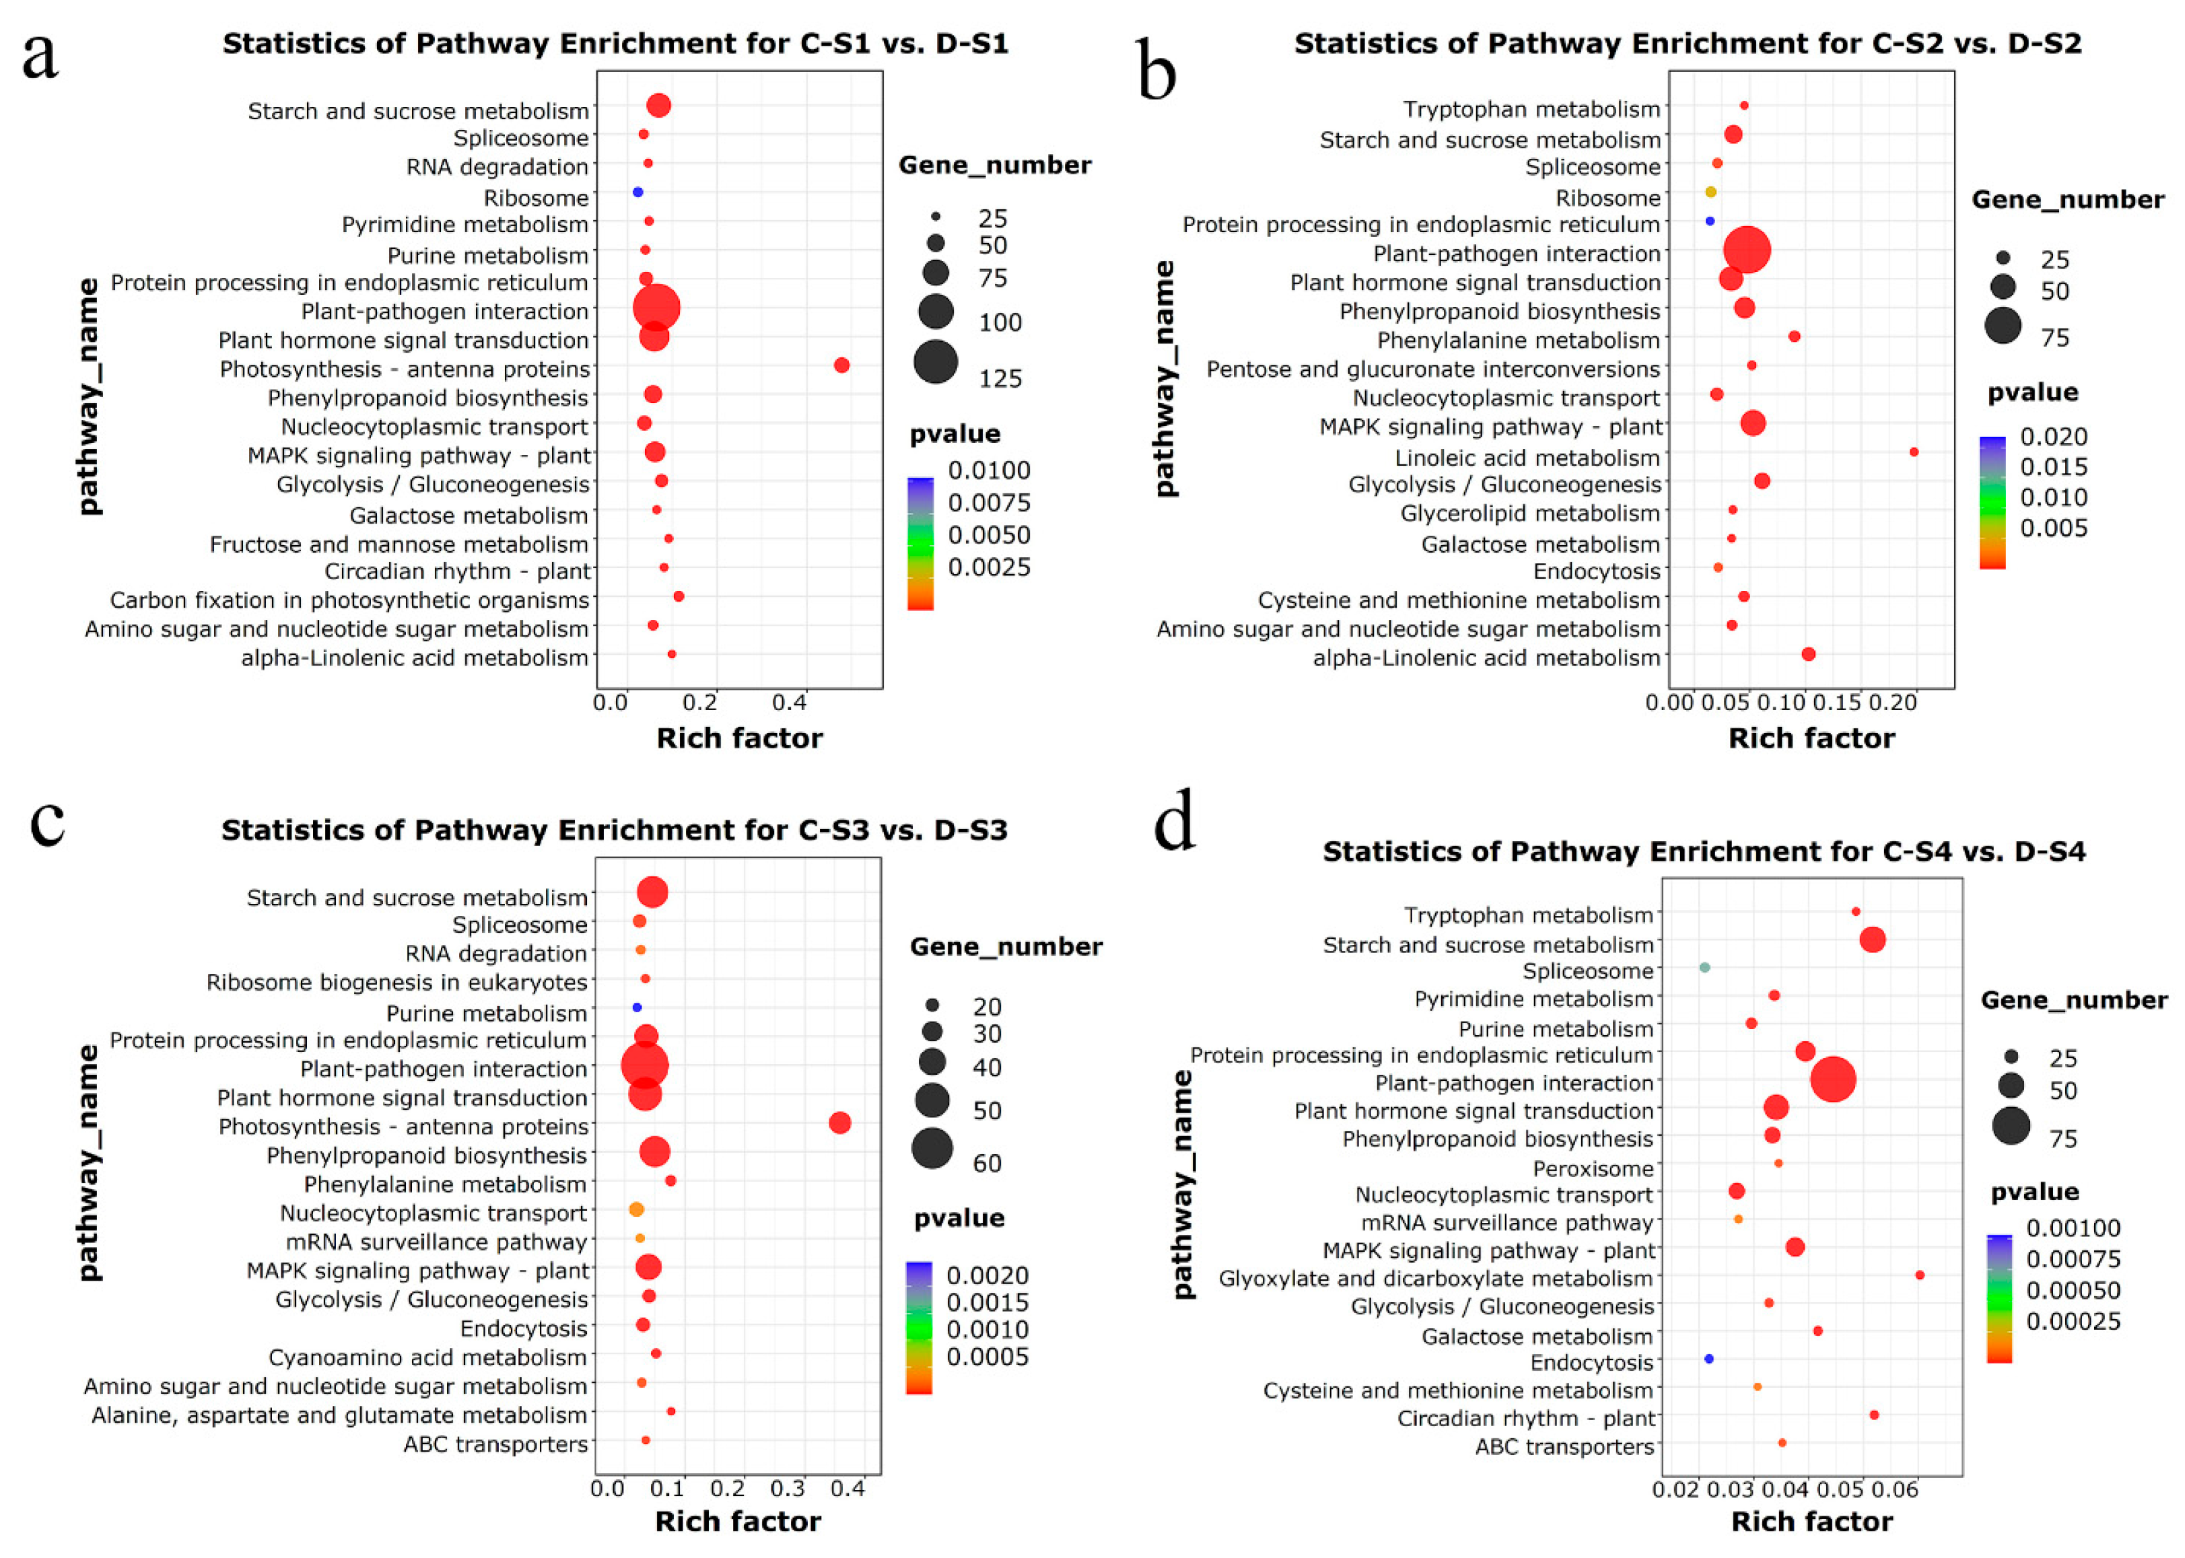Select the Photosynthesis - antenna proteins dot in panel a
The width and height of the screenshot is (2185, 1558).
(841, 365)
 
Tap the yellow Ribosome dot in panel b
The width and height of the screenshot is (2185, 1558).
(1710, 192)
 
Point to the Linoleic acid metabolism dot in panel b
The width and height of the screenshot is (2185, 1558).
(1914, 452)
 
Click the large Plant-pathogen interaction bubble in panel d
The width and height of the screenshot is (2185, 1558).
(1833, 1079)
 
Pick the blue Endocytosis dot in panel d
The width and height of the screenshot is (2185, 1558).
(1708, 1358)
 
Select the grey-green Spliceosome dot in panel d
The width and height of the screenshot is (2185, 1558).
(1704, 967)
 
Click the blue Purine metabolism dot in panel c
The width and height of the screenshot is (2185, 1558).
(636, 1007)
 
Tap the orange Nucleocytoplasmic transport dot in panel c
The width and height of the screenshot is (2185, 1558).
(635, 1210)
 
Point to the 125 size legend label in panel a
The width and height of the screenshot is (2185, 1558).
(1000, 378)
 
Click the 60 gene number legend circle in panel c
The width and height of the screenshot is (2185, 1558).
(932, 1148)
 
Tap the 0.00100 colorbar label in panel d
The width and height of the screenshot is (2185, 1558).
(2073, 1228)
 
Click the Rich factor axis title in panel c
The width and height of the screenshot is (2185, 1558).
(737, 1522)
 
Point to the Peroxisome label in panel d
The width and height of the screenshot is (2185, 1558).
(1592, 1168)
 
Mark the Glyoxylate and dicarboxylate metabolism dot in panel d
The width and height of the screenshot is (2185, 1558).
(1919, 1275)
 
